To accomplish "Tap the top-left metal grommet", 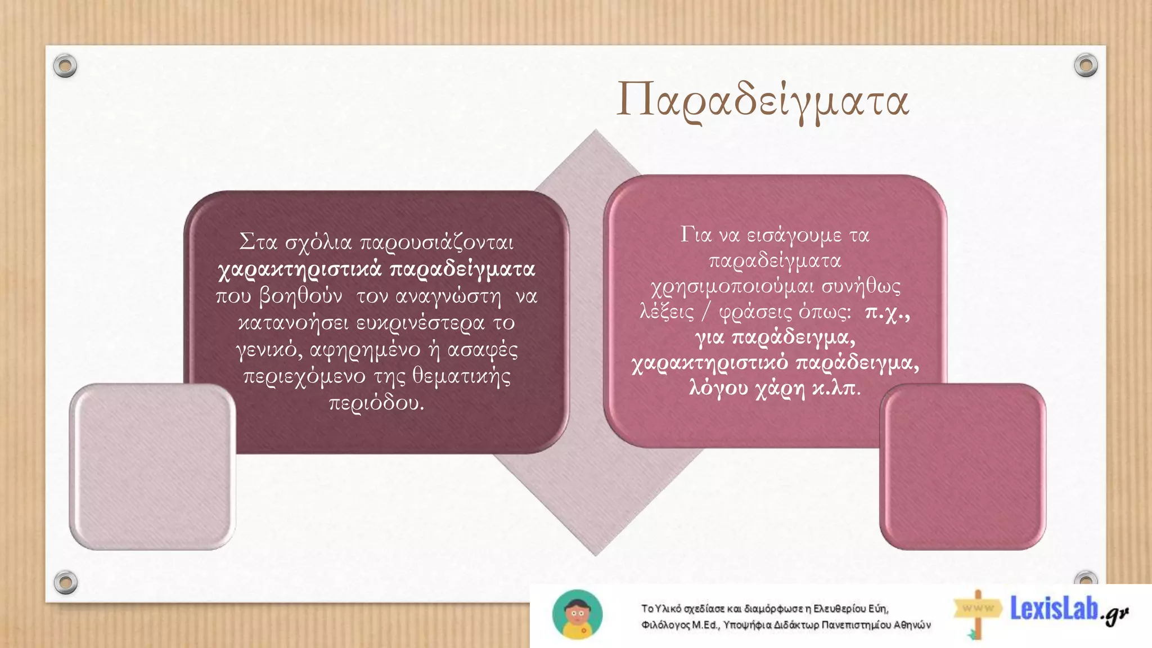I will coord(65,66).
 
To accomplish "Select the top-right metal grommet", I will coord(1086,65).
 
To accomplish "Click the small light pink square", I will coord(152,466).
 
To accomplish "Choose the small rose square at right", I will coord(962,466).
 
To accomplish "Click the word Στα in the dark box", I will coord(258,242).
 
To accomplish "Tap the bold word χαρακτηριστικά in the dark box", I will coord(300,269).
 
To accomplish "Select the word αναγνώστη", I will coord(448,296).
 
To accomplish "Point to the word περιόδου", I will coord(376,403).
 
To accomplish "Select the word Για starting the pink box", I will coord(696,235).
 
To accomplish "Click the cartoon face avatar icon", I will coord(577,615).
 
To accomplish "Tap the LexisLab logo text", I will coord(1055,609).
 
